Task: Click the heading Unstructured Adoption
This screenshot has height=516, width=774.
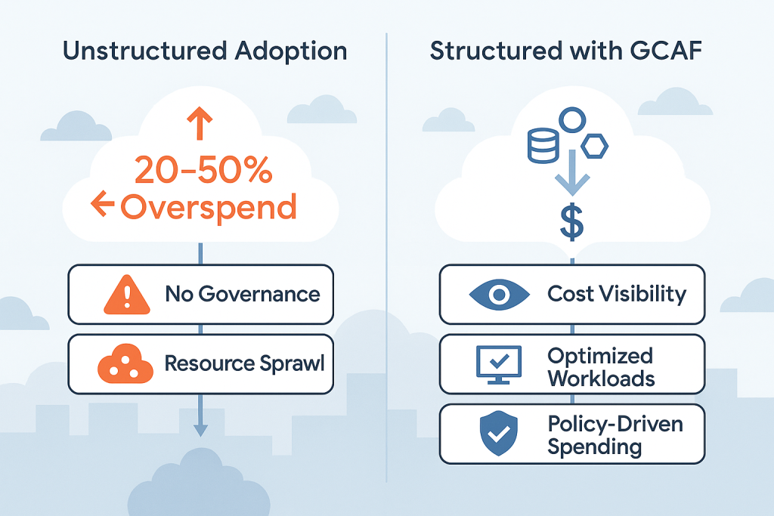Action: point(204,51)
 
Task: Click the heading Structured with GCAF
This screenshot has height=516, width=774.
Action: point(568,51)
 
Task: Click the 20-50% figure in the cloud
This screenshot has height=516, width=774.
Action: point(203,171)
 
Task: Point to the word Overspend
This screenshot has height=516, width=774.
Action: point(208,205)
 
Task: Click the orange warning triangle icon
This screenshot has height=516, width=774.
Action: point(125,293)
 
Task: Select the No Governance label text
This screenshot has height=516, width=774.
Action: point(243,294)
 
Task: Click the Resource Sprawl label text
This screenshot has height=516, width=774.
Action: point(244,363)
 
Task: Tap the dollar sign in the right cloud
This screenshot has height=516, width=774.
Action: point(572,222)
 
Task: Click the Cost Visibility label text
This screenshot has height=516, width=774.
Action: point(617,294)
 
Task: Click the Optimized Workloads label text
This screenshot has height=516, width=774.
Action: point(601,366)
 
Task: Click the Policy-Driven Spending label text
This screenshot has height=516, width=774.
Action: point(615,434)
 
